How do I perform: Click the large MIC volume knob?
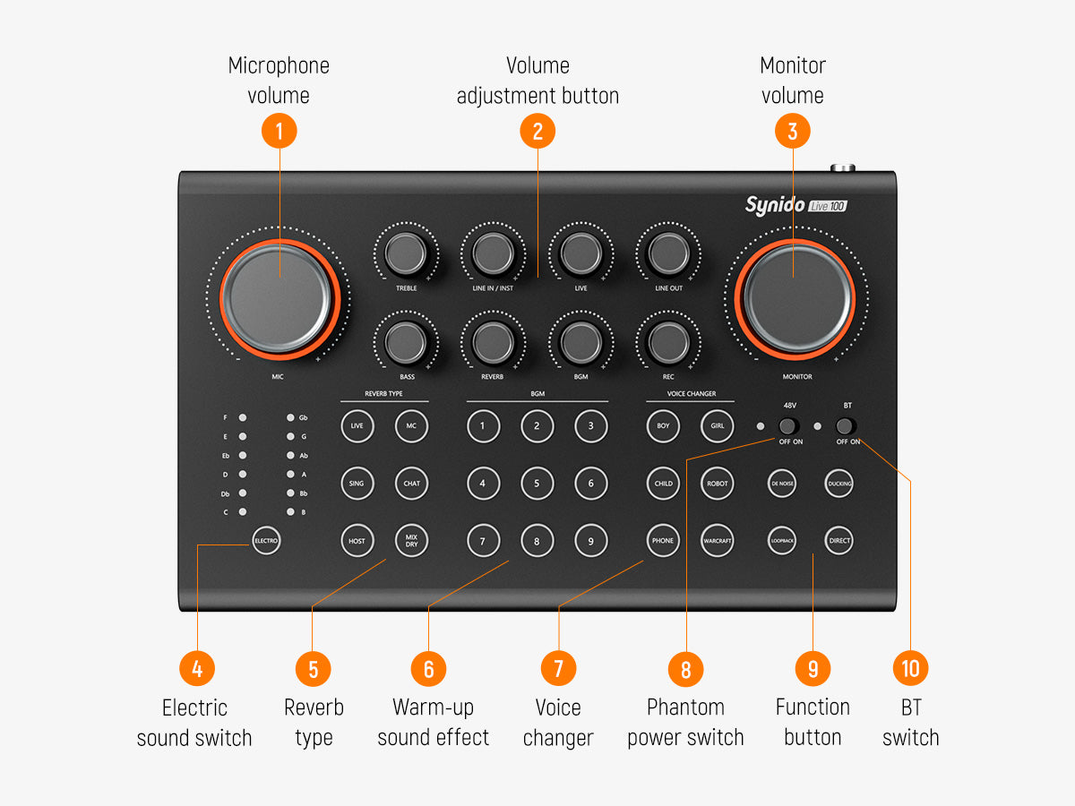[x=279, y=299]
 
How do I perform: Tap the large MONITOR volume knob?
[x=795, y=299]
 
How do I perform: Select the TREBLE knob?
[x=406, y=253]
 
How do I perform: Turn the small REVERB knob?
[x=493, y=342]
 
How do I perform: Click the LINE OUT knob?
[x=668, y=253]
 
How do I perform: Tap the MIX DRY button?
[x=411, y=541]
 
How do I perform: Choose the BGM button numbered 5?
[x=537, y=484]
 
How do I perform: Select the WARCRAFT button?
[x=717, y=541]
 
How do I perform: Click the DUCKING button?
[x=838, y=484]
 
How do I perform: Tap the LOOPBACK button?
[x=782, y=541]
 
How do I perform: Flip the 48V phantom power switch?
[x=788, y=426]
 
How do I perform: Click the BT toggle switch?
[x=846, y=426]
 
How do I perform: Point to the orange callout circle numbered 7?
[x=558, y=668]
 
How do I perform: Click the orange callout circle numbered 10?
[x=910, y=668]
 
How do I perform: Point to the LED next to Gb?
[x=290, y=417]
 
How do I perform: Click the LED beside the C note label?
[x=243, y=512]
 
